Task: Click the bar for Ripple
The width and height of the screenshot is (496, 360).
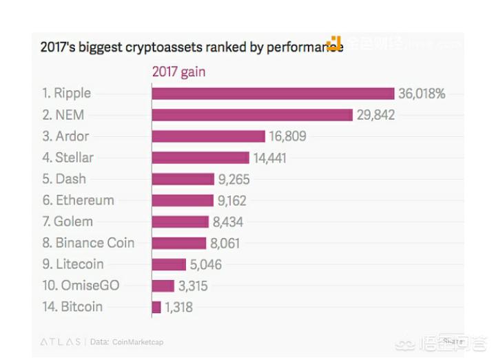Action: click(273, 94)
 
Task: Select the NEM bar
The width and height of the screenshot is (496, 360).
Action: click(252, 115)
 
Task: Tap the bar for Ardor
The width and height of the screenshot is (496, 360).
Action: click(208, 136)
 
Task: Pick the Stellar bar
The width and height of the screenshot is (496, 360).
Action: click(200, 158)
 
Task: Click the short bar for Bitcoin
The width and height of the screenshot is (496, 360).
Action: click(156, 307)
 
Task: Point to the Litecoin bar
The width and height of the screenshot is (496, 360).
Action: click(169, 264)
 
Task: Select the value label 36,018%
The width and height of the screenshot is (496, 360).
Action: click(421, 94)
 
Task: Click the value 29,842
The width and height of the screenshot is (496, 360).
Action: click(375, 115)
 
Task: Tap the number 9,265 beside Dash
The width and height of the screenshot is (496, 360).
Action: click(234, 180)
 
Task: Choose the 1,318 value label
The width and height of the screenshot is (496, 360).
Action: click(179, 307)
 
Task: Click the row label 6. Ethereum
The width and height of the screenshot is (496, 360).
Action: click(78, 200)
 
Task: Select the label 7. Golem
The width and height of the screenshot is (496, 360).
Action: click(68, 222)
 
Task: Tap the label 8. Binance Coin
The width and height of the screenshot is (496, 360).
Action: click(88, 243)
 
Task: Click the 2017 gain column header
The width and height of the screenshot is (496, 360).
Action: click(178, 72)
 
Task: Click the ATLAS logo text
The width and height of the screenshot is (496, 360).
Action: click(60, 341)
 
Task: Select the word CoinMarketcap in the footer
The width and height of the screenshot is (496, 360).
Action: click(137, 341)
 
